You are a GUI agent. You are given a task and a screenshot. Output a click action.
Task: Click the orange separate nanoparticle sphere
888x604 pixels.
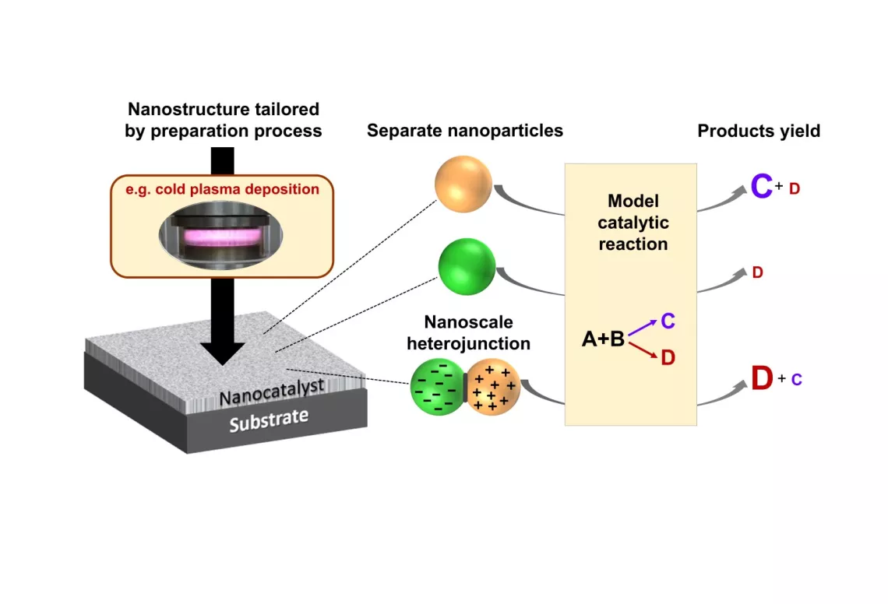coord(463,183)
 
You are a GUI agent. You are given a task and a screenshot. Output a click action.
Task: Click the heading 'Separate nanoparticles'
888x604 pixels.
coord(465,131)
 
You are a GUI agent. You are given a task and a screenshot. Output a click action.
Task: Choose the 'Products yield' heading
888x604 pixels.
coord(758,131)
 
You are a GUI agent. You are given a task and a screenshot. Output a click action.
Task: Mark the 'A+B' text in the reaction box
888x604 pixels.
coord(603,339)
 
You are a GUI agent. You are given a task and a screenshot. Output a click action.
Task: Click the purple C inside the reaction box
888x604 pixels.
coord(668,321)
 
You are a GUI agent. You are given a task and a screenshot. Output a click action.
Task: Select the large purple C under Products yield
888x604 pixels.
coord(761,188)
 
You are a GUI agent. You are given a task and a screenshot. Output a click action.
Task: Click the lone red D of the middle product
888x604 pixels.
coord(757,273)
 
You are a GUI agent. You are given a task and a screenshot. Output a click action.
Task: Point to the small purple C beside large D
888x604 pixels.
coord(796,380)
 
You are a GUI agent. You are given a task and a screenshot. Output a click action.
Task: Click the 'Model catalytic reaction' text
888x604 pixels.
coord(633,223)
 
